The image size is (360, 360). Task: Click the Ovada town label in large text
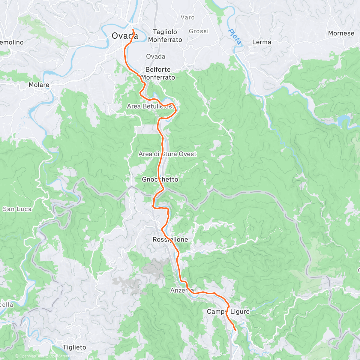coord(125,36)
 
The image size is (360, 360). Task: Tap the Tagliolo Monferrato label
coord(165,36)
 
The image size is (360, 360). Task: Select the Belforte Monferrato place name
coord(158,73)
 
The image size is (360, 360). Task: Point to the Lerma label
coord(262,42)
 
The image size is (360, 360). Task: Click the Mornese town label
coord(341,33)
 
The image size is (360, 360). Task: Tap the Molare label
coord(39,85)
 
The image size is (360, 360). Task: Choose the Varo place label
coord(187,17)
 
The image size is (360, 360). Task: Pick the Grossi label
coord(199,31)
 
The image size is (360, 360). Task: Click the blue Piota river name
coord(234,37)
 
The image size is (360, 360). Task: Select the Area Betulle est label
coord(150,106)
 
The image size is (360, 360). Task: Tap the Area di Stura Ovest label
coord(167,154)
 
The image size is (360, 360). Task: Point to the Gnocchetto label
coord(160,179)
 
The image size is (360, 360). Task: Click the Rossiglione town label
coord(170,239)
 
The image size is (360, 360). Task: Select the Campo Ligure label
coord(228,312)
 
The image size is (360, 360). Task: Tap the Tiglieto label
coord(74,347)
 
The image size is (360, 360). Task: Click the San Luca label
coord(17,209)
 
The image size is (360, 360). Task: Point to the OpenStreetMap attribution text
coord(63,356)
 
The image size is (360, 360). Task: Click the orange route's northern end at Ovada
coord(133,30)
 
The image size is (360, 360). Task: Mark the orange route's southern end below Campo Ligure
coord(235,330)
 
